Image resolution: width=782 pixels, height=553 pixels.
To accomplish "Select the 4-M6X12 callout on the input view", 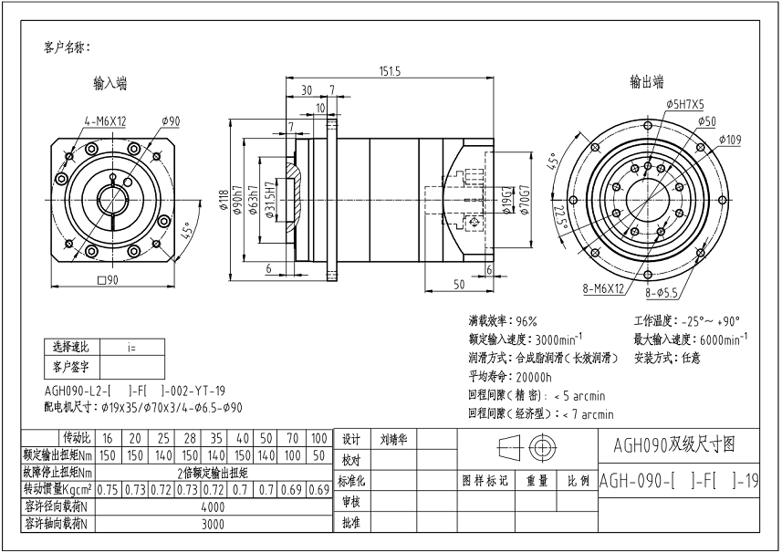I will click(105, 120).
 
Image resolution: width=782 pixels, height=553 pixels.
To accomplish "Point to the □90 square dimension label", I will click(109, 280).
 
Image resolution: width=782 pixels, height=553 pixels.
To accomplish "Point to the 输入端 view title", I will click(109, 83).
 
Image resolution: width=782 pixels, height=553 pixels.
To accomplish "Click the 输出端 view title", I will click(646, 81).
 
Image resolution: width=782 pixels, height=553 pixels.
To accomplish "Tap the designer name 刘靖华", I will click(394, 439).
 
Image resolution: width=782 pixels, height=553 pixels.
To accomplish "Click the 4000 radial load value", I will click(213, 506).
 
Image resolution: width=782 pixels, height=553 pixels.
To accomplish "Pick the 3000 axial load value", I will click(213, 524).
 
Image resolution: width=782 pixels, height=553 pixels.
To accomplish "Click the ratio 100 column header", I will click(318, 439).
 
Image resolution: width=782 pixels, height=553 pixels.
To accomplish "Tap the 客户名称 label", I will click(67, 47).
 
